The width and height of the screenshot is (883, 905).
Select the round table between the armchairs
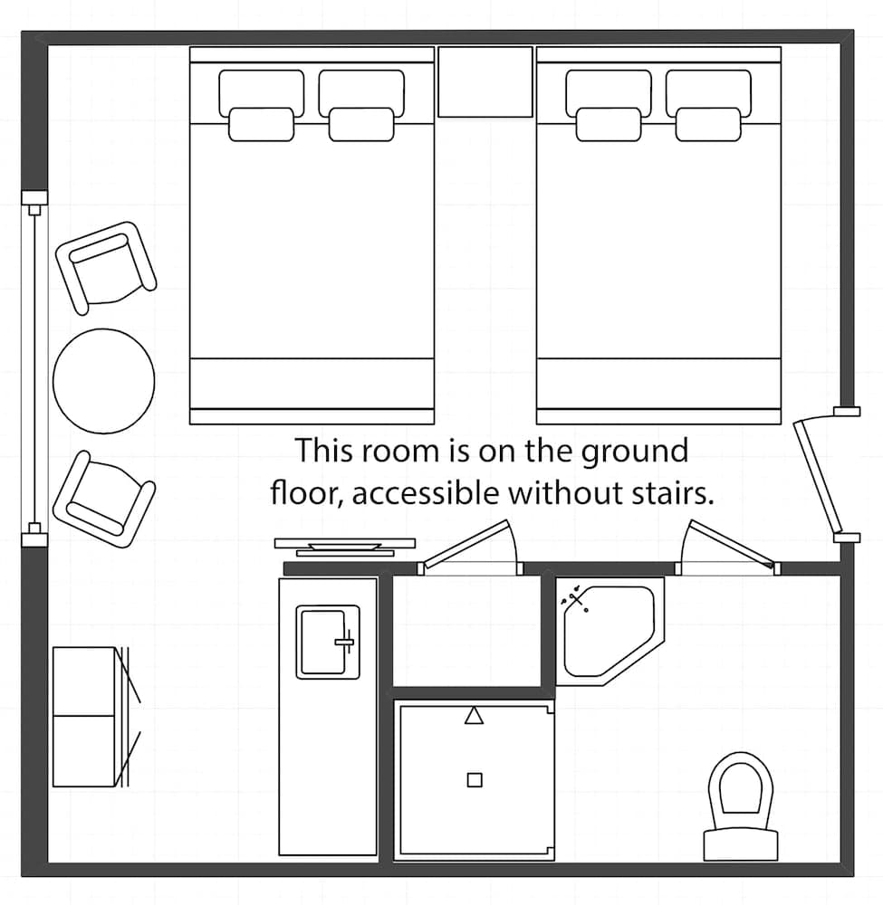[103, 381]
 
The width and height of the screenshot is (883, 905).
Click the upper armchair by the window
[105, 266]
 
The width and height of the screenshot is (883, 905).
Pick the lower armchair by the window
[103, 498]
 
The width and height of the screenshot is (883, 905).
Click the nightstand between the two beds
[485, 81]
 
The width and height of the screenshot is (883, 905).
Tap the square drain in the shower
[474, 780]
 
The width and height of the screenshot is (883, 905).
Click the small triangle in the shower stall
[473, 717]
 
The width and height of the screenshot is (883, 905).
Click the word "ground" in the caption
[634, 450]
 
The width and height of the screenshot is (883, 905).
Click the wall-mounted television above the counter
[345, 546]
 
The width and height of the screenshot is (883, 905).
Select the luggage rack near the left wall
[91, 716]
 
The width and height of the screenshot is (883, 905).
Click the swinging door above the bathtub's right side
[729, 546]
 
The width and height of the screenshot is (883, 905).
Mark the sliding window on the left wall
[34, 368]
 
